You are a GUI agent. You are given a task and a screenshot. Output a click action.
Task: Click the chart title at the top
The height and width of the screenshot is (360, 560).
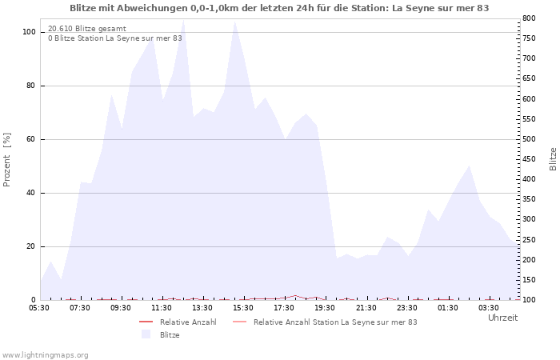(279, 8)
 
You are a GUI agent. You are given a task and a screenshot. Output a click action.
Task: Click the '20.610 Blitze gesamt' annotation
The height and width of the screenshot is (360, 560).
(86, 29)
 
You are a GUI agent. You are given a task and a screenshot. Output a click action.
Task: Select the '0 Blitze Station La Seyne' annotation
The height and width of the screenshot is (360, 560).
(115, 38)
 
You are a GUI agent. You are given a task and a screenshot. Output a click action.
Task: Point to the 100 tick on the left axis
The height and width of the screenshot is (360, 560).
(29, 32)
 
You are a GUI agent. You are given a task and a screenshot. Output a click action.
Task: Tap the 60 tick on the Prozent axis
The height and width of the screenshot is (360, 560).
(30, 139)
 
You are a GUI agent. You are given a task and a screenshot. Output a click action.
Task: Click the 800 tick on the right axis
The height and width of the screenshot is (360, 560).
(529, 18)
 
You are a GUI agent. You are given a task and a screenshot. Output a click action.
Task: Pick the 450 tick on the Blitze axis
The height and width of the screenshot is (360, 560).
(529, 159)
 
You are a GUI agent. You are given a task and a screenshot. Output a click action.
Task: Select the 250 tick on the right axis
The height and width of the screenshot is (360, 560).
(529, 240)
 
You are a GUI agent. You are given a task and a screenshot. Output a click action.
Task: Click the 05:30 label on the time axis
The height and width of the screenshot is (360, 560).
(39, 308)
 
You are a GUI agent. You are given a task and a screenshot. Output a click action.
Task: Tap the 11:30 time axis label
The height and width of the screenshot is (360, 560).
(162, 308)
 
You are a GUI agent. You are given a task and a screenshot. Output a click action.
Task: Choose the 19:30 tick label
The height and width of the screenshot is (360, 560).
(325, 308)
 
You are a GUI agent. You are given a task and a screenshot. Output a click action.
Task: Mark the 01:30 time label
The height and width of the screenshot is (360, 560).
(448, 308)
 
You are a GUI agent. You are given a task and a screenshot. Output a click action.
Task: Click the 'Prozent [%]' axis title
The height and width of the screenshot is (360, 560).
(6, 160)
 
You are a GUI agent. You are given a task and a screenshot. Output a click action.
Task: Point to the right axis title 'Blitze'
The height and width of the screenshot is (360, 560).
(553, 159)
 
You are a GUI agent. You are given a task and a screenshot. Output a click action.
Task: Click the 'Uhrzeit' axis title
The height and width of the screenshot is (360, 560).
(503, 318)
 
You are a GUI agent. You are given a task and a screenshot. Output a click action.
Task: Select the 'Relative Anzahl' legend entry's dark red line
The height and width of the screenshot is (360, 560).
(146, 322)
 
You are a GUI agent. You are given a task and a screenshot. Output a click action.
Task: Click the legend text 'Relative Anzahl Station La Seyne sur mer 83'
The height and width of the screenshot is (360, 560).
(335, 322)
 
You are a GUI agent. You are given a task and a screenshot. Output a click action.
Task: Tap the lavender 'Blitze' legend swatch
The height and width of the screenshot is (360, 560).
(146, 334)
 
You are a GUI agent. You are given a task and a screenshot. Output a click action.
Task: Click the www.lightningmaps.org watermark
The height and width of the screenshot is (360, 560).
(44, 355)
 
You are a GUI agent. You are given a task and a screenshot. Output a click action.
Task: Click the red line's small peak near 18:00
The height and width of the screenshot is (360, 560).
(295, 295)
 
